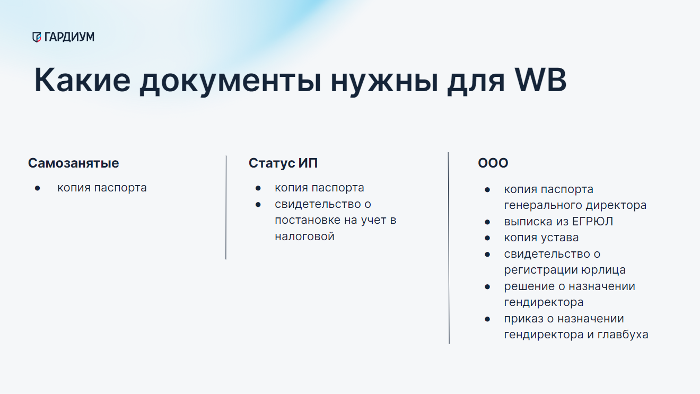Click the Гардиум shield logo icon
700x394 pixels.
(x=37, y=37)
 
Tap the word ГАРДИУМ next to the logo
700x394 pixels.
(x=69, y=37)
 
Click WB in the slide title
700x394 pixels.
(x=540, y=80)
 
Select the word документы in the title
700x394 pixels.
(x=230, y=82)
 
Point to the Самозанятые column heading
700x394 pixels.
(x=73, y=163)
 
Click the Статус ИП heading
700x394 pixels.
(x=283, y=163)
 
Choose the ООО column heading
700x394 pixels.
(x=493, y=163)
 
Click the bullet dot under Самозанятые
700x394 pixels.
(x=38, y=188)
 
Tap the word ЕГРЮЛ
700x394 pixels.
(x=592, y=222)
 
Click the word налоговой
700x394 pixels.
(x=305, y=237)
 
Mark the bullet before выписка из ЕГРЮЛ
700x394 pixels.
(x=487, y=222)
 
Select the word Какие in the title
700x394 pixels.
(x=82, y=80)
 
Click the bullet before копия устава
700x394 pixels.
(x=487, y=239)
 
